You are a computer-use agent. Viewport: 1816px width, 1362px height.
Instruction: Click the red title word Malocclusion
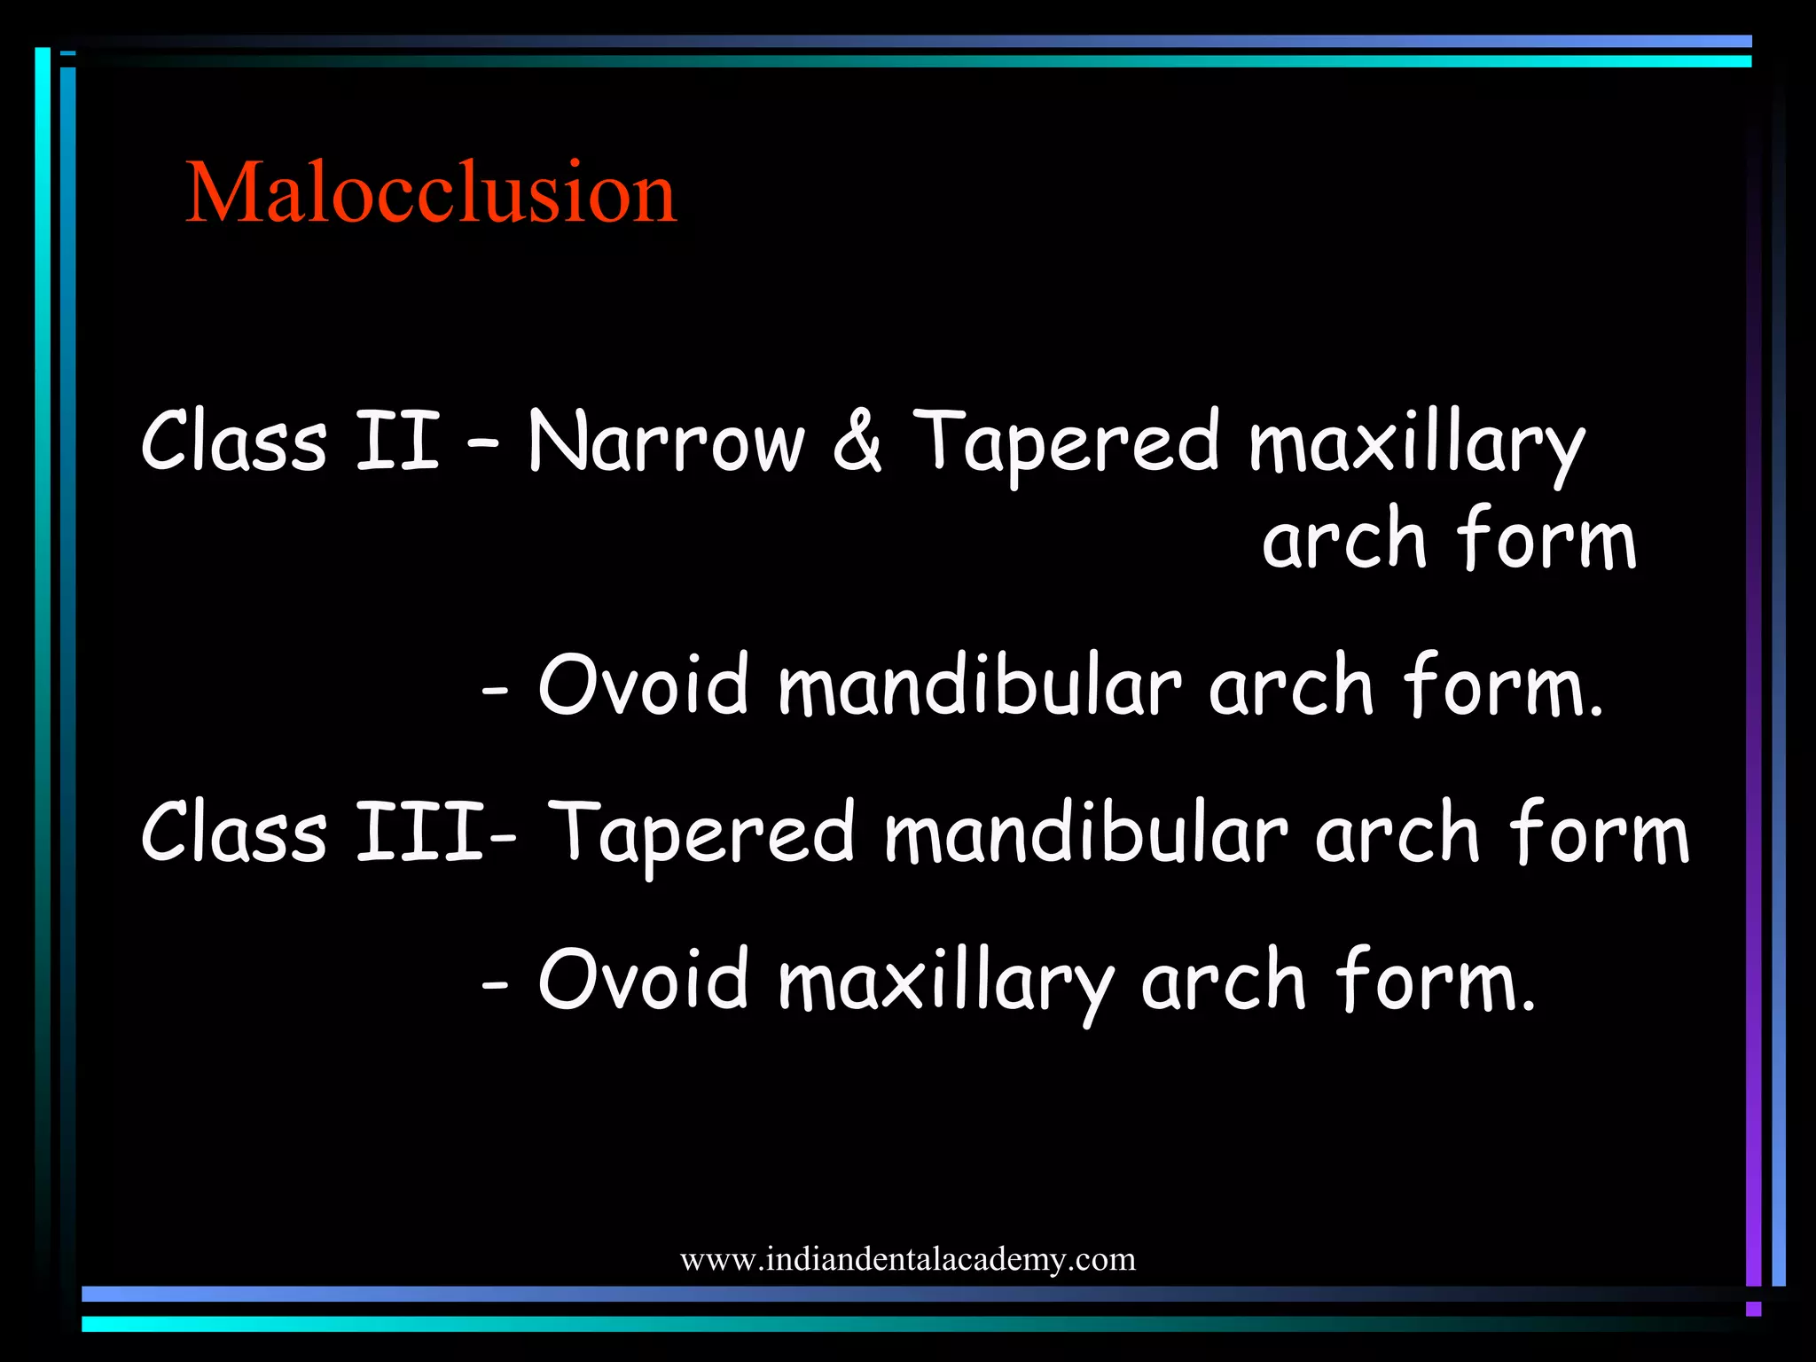tap(431, 192)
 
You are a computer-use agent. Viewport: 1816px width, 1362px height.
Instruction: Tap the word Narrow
tap(666, 441)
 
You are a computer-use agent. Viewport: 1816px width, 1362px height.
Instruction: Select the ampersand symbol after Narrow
tap(857, 441)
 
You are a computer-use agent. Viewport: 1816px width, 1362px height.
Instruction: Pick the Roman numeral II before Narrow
tap(396, 441)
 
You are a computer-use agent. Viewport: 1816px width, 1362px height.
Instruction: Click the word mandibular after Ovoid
tap(979, 684)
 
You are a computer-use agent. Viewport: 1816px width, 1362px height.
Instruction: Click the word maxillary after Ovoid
tap(945, 982)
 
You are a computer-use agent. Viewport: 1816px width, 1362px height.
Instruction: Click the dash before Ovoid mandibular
tap(495, 689)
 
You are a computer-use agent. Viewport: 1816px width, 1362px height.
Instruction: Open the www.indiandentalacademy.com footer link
tap(907, 1259)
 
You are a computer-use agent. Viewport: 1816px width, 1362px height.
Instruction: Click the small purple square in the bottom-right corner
tap(1753, 1309)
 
